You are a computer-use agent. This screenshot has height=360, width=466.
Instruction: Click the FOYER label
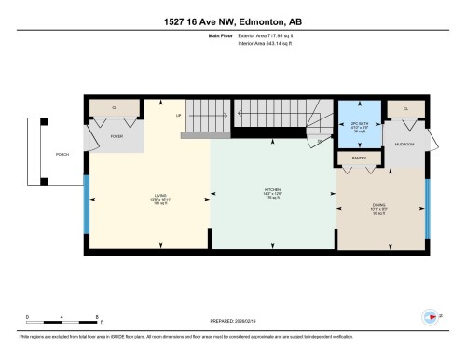116,136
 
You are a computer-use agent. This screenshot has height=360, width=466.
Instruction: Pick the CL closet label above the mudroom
406,109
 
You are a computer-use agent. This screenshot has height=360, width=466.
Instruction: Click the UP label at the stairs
178,117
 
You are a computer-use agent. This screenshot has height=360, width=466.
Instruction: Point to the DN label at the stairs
320,141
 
